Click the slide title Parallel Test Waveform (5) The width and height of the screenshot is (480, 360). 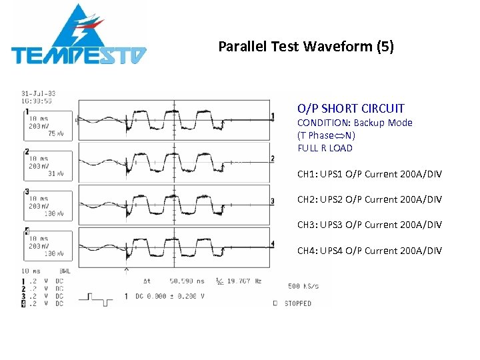306,47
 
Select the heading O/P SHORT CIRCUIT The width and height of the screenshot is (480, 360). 351,109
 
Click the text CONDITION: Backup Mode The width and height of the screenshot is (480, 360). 355,123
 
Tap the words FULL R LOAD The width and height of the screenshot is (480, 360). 325,148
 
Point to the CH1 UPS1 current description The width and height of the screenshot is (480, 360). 369,175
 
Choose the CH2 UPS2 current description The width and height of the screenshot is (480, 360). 369,199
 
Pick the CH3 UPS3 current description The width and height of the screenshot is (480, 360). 369,225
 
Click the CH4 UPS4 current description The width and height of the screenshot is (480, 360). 369,251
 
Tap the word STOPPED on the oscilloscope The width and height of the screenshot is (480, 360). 297,303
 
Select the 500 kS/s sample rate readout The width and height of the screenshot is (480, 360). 303,286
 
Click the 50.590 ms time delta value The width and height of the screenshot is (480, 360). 187,281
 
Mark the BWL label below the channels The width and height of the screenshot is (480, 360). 65,271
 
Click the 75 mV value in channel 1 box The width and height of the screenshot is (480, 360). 56,134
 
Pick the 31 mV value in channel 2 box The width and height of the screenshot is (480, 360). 56,174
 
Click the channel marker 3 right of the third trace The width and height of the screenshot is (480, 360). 272,201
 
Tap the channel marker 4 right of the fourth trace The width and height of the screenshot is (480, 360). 272,243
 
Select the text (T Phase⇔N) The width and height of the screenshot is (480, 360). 326,135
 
